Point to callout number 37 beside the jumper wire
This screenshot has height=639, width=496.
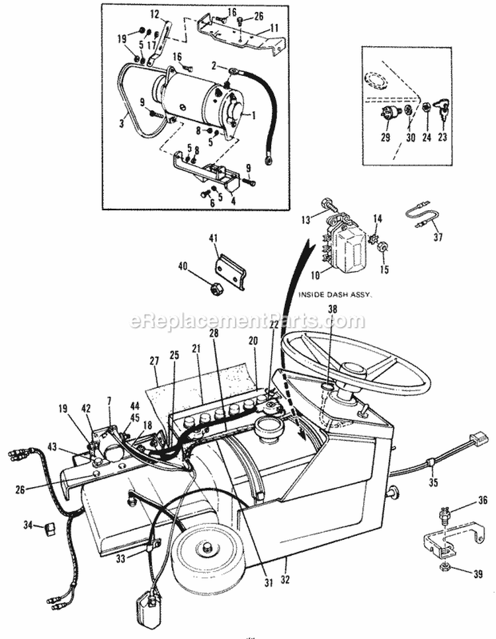click(438, 237)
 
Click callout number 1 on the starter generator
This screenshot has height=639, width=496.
click(253, 114)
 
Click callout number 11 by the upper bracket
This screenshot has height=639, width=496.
click(273, 29)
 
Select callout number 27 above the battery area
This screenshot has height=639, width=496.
click(154, 361)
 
